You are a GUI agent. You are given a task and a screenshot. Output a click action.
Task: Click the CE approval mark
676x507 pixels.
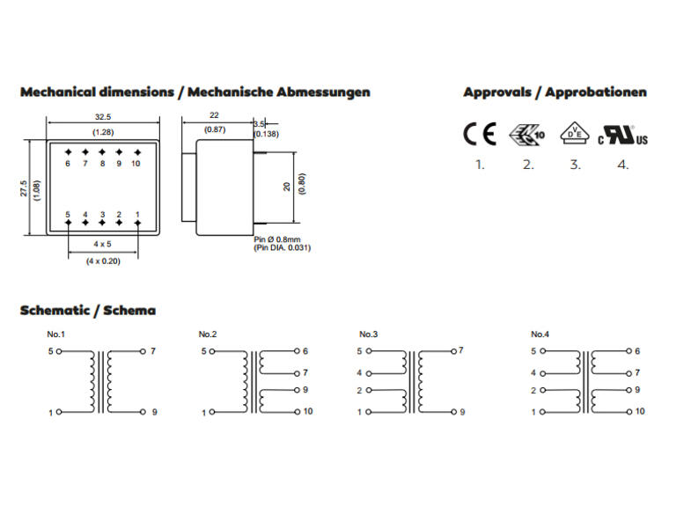(480, 134)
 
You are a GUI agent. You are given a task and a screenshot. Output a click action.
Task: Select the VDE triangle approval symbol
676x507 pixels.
(575, 134)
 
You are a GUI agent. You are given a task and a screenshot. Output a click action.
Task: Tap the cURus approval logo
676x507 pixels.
(622, 135)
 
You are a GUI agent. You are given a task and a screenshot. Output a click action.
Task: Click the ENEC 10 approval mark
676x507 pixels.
(527, 135)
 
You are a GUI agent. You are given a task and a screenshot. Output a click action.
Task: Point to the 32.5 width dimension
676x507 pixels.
(103, 117)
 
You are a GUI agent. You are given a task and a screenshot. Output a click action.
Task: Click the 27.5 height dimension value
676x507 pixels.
(24, 188)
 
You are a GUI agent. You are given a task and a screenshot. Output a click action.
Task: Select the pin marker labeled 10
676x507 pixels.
(137, 152)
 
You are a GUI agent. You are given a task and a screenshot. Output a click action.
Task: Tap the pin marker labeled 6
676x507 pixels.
(68, 152)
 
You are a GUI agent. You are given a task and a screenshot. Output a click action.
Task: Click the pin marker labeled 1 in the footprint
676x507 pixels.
(137, 223)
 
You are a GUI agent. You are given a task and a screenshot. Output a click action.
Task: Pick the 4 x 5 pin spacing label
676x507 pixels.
(103, 244)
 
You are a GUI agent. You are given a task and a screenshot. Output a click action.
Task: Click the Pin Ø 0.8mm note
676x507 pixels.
(276, 239)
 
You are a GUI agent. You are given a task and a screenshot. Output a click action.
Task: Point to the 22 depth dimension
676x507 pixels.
(214, 115)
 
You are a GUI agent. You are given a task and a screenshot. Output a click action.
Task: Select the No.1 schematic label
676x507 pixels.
(55, 334)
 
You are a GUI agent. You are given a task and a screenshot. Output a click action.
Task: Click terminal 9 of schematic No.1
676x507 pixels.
(143, 412)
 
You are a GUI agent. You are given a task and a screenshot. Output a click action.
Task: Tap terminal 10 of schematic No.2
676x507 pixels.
(297, 412)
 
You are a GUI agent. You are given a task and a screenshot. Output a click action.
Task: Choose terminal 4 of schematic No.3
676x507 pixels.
(369, 373)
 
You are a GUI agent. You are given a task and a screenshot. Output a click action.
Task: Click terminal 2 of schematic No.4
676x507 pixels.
(543, 390)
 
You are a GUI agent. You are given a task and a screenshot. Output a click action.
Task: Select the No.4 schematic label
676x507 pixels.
(540, 334)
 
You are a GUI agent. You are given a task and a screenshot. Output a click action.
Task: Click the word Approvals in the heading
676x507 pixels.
(497, 92)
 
